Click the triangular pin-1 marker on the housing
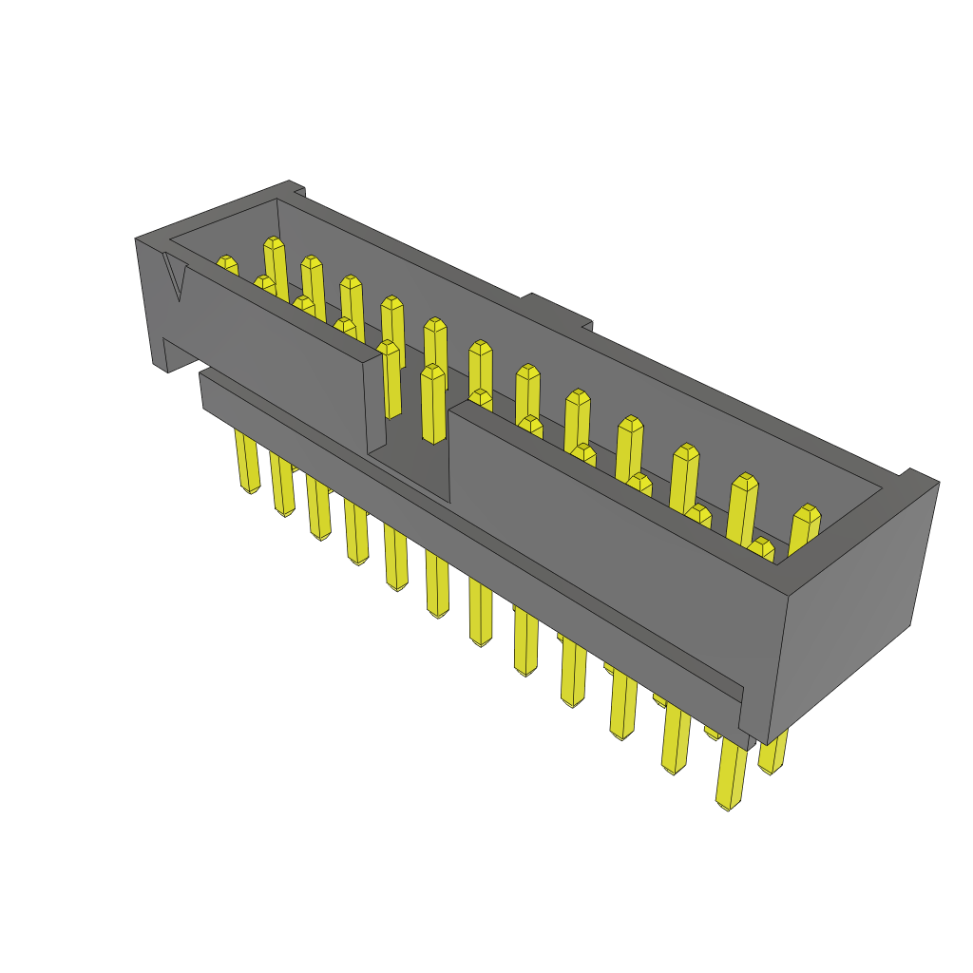coord(175,276)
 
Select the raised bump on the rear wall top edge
coord(557,312)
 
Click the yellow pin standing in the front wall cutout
coord(432,404)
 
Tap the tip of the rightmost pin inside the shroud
coord(806,518)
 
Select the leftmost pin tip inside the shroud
coord(226,263)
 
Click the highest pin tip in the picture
coord(274,244)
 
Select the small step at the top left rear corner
coord(296,186)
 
